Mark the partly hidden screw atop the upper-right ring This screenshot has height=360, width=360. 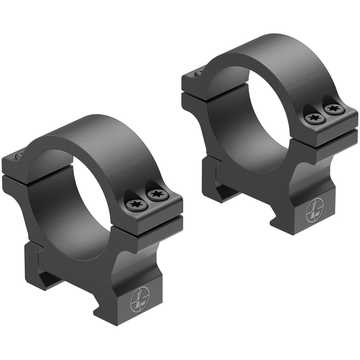point(200,71)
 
